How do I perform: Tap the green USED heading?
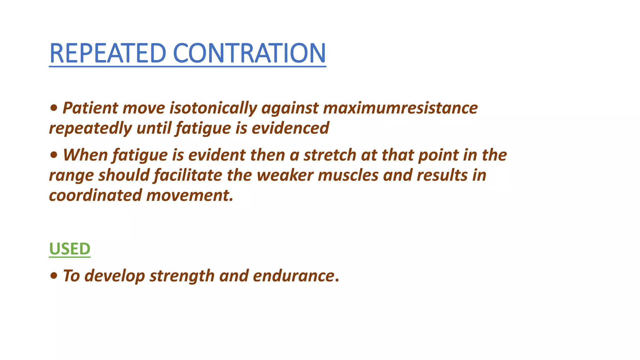[70, 249]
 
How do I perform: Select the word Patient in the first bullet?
[90, 108]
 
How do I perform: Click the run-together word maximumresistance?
[400, 108]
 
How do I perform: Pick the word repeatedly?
[90, 128]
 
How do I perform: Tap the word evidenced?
[290, 128]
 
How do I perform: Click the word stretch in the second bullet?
[330, 155]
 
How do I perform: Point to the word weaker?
[285, 175]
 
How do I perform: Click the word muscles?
[348, 175]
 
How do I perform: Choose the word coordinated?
[95, 196]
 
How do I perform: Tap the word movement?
[190, 196]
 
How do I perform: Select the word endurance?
[293, 276]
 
